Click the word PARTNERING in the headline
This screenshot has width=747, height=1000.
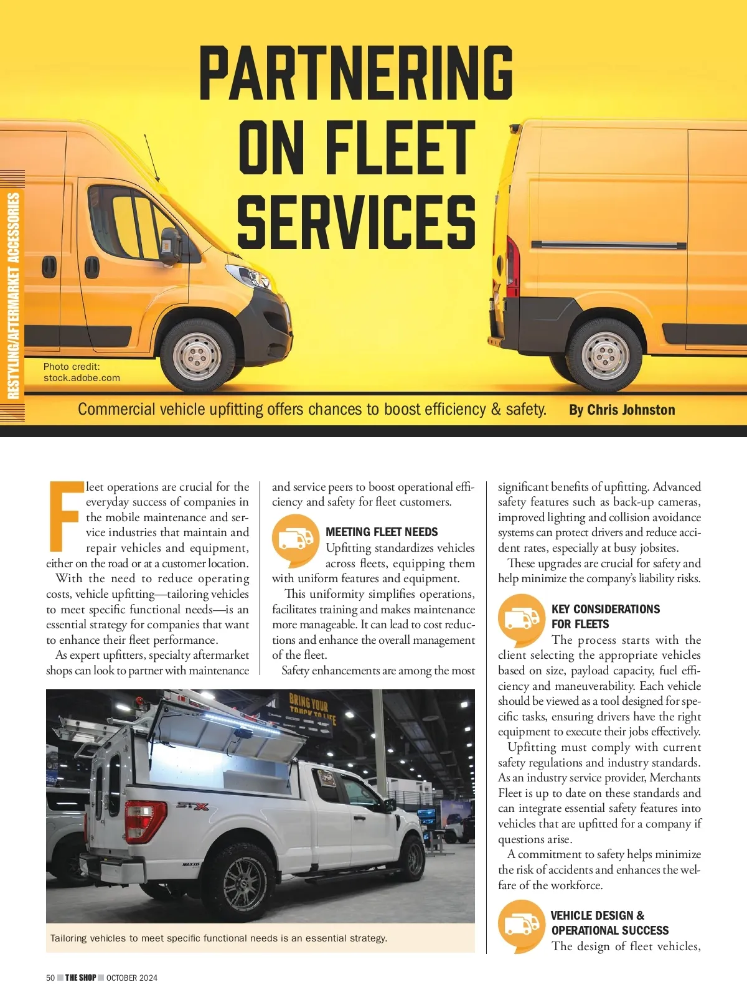tap(356, 73)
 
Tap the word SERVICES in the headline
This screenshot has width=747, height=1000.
tap(356, 222)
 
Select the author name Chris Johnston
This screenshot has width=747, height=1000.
tap(622, 410)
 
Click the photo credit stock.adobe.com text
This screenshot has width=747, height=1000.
tap(82, 378)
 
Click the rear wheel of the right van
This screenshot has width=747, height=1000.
tap(604, 354)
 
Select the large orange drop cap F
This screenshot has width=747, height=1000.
tap(65, 516)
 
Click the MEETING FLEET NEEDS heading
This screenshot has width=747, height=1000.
tap(382, 532)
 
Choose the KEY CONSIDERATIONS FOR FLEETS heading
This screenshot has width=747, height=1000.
tap(605, 616)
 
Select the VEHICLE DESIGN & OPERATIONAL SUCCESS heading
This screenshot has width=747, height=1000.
tap(609, 923)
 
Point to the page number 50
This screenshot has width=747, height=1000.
tap(50, 978)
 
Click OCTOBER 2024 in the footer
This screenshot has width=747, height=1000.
tap(132, 978)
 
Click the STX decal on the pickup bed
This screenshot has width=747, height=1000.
tap(193, 806)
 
